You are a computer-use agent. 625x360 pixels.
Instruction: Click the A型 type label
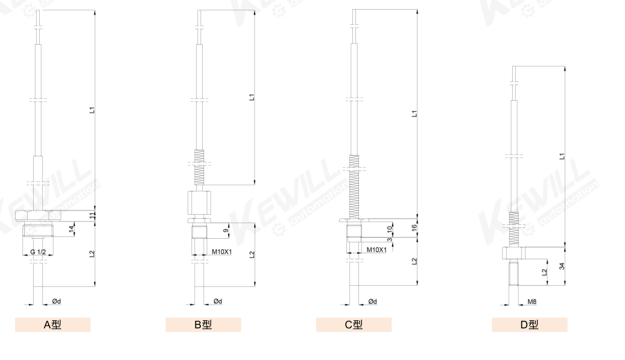point(52,324)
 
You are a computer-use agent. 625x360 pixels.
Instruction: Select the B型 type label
point(203,324)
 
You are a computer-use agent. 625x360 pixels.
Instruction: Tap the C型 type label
point(354,324)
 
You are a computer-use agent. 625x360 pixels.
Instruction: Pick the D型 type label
point(529,324)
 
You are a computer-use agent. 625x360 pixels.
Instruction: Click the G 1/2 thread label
point(38,252)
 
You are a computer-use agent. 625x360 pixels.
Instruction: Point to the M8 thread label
point(532,302)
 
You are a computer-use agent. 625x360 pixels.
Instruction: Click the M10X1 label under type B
point(221,251)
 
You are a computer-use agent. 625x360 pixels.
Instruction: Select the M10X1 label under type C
point(376,250)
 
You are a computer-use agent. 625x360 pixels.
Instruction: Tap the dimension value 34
point(562,265)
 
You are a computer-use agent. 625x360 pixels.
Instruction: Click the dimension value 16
point(414,228)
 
